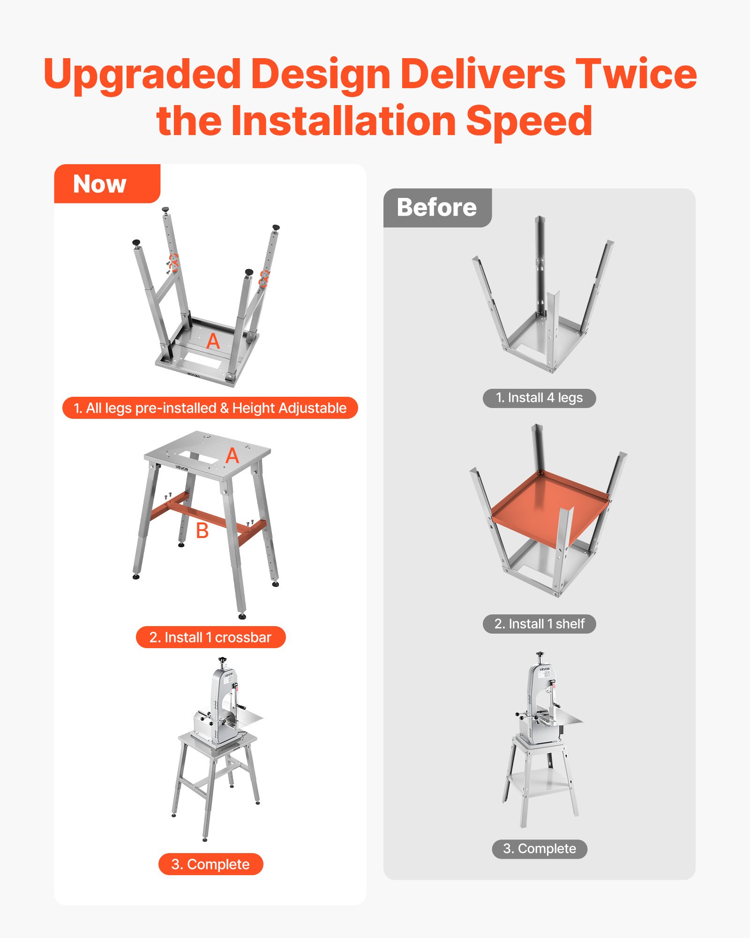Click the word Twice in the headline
(636, 74)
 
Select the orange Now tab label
(100, 184)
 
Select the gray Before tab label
(436, 208)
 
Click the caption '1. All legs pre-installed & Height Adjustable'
(210, 408)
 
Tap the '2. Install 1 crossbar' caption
(210, 637)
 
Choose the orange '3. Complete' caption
(210, 864)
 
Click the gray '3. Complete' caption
(539, 849)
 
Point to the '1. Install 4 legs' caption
(539, 398)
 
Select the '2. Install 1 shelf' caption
(539, 624)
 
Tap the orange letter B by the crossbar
(202, 531)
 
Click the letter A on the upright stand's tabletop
(232, 456)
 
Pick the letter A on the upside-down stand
(213, 341)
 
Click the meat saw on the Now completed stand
(220, 703)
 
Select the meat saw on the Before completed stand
(544, 699)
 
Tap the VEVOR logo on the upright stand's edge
(182, 468)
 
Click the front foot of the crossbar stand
(242, 616)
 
